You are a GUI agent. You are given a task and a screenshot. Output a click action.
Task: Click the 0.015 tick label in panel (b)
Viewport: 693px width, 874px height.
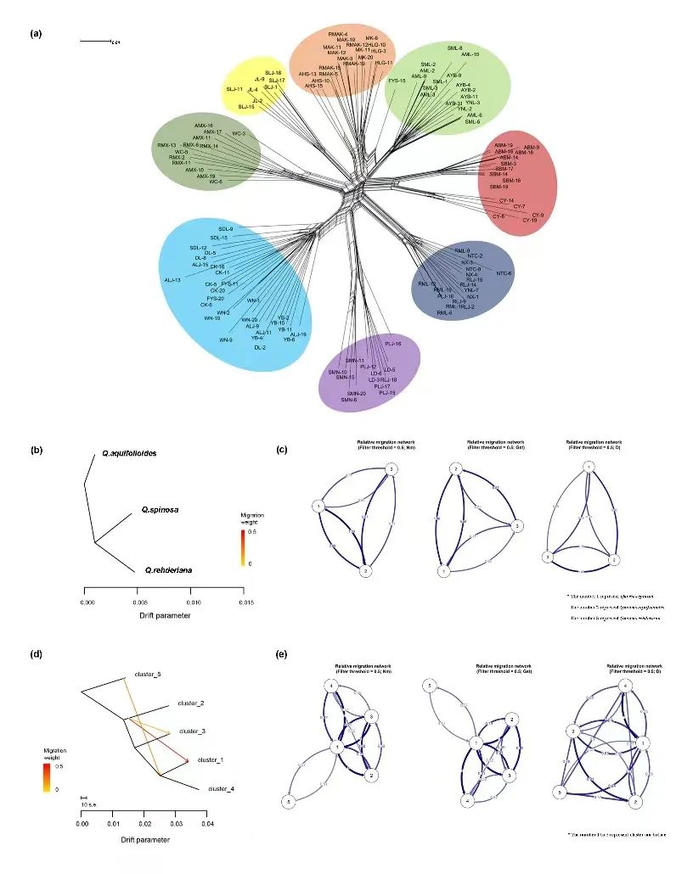[244, 601]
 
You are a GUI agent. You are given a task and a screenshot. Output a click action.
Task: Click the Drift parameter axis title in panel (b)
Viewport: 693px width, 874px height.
[162, 615]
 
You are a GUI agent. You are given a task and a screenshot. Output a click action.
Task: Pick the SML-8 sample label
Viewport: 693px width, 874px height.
[455, 48]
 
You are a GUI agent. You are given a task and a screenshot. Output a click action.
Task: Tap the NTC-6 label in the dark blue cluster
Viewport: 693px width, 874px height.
[504, 273]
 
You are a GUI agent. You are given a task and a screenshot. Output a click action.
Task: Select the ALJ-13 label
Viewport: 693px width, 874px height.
[172, 279]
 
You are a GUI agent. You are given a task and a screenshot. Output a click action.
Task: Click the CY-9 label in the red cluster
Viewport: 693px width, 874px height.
[537, 216]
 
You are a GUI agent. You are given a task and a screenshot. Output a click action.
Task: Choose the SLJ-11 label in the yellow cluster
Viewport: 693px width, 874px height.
[234, 89]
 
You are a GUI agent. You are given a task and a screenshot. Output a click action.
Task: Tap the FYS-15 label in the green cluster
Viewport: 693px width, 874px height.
[397, 81]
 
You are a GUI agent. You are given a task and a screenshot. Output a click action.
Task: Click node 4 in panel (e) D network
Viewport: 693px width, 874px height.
[626, 684]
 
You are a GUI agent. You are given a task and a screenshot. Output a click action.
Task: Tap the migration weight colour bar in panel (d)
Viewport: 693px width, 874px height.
[48, 776]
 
